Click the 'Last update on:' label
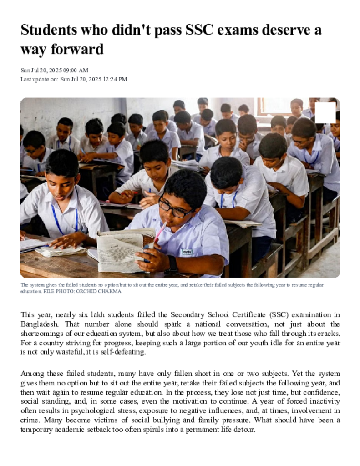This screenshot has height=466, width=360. point(39,79)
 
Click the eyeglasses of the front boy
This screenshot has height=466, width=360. point(175,210)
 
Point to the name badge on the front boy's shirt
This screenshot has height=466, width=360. point(187,252)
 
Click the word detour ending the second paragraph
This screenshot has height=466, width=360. point(243,429)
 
